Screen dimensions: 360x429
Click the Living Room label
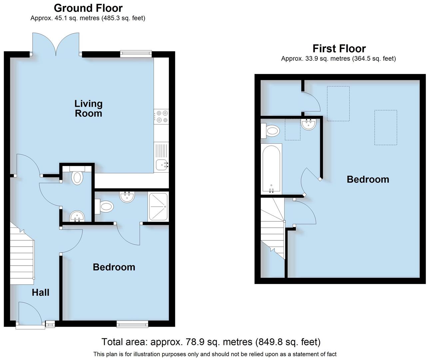coord(88,109)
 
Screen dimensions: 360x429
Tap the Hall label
coord(41,292)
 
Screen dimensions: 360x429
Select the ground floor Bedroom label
coord(114,267)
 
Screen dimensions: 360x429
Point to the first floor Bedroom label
coord(368,179)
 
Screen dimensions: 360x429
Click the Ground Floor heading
coord(88,8)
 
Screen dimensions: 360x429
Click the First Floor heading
coord(339,49)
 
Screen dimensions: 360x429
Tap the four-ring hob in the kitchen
coord(162,116)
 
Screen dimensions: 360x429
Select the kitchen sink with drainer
coord(162,157)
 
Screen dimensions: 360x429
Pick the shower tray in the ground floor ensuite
coord(159,206)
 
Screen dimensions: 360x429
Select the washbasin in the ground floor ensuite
coord(127,197)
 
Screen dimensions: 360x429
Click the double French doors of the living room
coord(56,44)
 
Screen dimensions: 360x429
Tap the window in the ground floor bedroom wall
coord(132,323)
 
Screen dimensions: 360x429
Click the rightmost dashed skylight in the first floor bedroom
coord(385,128)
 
